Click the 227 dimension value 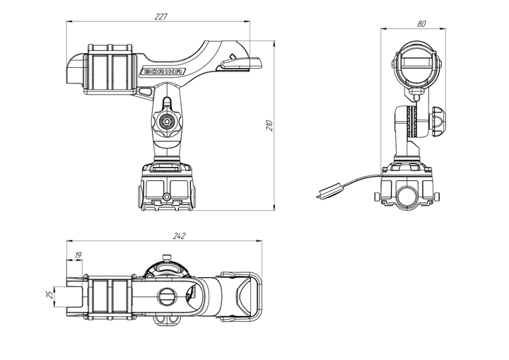pyautogui.click(x=161, y=16)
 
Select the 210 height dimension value pyautogui.click(x=270, y=125)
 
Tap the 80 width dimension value pyautogui.click(x=421, y=24)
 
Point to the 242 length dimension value pyautogui.click(x=179, y=236)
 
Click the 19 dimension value pyautogui.click(x=78, y=255)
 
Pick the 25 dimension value pyautogui.click(x=49, y=295)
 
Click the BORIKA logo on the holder pyautogui.click(x=163, y=72)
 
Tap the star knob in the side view pyautogui.click(x=167, y=122)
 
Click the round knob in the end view pyautogui.click(x=438, y=121)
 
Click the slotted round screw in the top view pyautogui.click(x=168, y=296)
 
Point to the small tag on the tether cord pyautogui.click(x=329, y=191)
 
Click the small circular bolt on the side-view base pyautogui.click(x=167, y=197)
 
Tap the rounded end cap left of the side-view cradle pyautogui.click(x=75, y=69)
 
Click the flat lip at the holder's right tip pyautogui.click(x=241, y=63)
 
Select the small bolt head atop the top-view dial pyautogui.click(x=166, y=257)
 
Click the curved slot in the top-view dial pyautogui.click(x=168, y=268)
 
